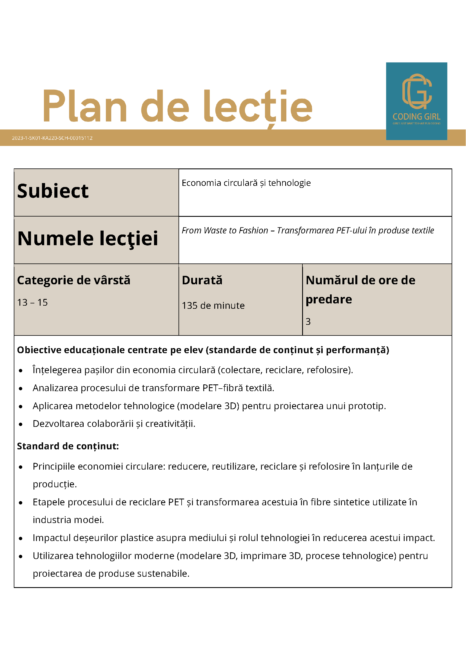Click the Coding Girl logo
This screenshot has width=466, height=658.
point(416,101)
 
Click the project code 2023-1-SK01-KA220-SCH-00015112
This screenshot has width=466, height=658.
point(52,138)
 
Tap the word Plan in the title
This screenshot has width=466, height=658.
point(85,106)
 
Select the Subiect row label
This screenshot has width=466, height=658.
point(53,191)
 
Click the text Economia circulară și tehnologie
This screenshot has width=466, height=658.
point(246,183)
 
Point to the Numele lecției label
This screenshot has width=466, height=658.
point(88,239)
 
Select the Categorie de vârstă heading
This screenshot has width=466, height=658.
point(73,280)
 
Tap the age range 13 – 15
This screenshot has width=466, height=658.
point(32,303)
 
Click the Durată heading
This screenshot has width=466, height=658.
point(202,280)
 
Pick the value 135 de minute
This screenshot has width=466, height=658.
point(213,306)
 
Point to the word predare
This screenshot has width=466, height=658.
point(329,299)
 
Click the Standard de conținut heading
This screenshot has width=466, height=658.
point(68,446)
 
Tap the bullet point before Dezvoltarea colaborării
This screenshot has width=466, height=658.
point(21,425)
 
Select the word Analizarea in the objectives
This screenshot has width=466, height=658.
point(55,388)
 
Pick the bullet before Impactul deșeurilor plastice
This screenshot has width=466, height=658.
point(21,538)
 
